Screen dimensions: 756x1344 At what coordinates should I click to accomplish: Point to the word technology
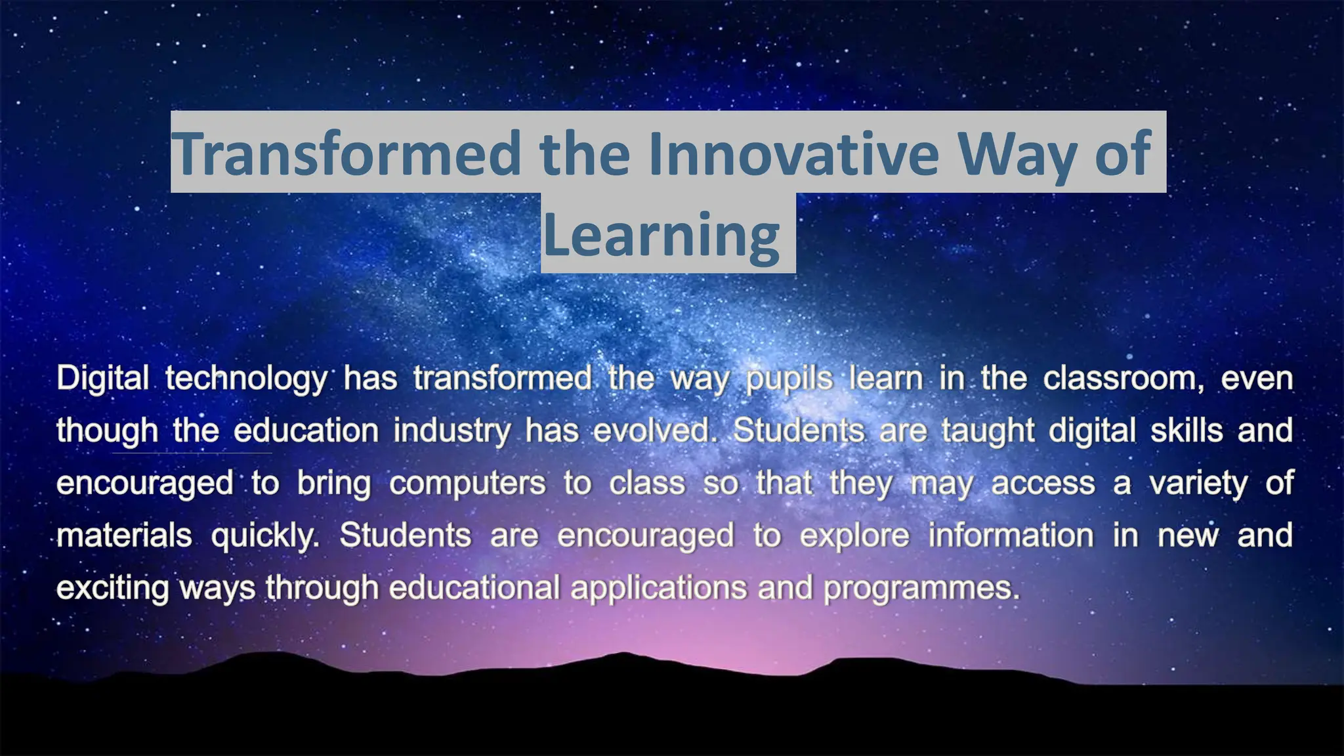point(246,379)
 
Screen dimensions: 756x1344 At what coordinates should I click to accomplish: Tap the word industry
point(451,431)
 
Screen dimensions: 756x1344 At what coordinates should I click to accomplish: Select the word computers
point(467,484)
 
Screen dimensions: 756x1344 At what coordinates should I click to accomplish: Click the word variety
point(1198,484)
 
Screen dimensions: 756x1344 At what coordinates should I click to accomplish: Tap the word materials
point(124,535)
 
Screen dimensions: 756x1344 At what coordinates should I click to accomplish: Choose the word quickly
point(264,536)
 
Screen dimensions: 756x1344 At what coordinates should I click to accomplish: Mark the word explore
point(854,536)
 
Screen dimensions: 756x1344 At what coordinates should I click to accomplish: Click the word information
point(1011,535)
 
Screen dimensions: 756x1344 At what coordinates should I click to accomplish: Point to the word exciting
point(112,588)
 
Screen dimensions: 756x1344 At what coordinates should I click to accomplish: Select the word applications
point(658,588)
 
